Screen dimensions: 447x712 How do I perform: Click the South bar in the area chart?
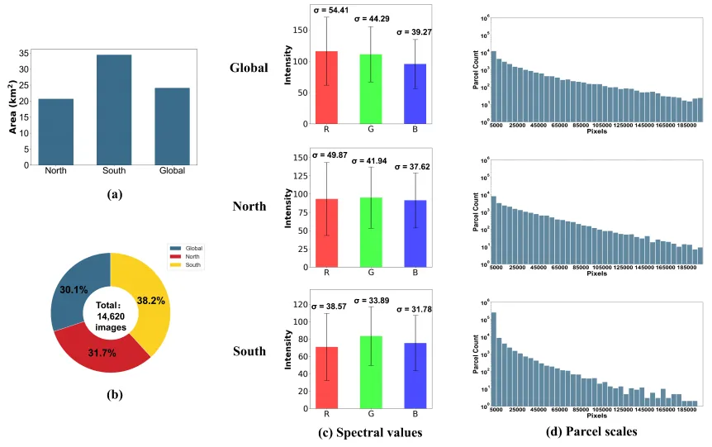[114, 110]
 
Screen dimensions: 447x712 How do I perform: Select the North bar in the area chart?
[56, 132]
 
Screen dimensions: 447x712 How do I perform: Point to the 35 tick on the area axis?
[24, 52]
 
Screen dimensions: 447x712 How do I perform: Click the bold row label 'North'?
[249, 206]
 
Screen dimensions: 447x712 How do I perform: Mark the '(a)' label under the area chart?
[114, 194]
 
